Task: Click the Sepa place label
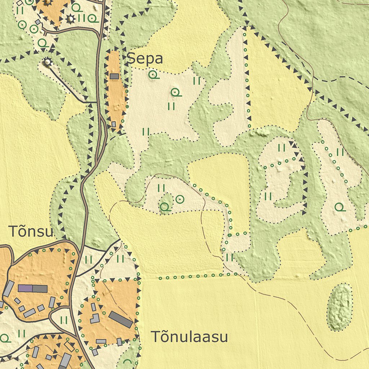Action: pyautogui.click(x=146, y=58)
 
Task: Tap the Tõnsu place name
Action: pyautogui.click(x=31, y=231)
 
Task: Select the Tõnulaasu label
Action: pyautogui.click(x=189, y=337)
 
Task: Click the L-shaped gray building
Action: pyautogui.click(x=95, y=319)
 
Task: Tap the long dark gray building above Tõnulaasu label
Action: pyautogui.click(x=120, y=319)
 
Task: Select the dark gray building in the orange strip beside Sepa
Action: pyautogui.click(x=114, y=76)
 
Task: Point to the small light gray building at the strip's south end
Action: pyautogui.click(x=114, y=124)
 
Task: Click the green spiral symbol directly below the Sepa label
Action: pyautogui.click(x=154, y=75)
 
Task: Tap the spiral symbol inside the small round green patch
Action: pyautogui.click(x=165, y=207)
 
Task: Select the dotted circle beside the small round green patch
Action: pyautogui.click(x=179, y=199)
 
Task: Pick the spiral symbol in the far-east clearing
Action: pyautogui.click(x=339, y=207)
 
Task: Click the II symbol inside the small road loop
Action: pyautogui.click(x=64, y=320)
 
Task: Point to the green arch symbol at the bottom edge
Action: pyautogui.click(x=127, y=363)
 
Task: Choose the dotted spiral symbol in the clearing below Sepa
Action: pyautogui.click(x=176, y=93)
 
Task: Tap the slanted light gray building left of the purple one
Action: pyautogui.click(x=9, y=289)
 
